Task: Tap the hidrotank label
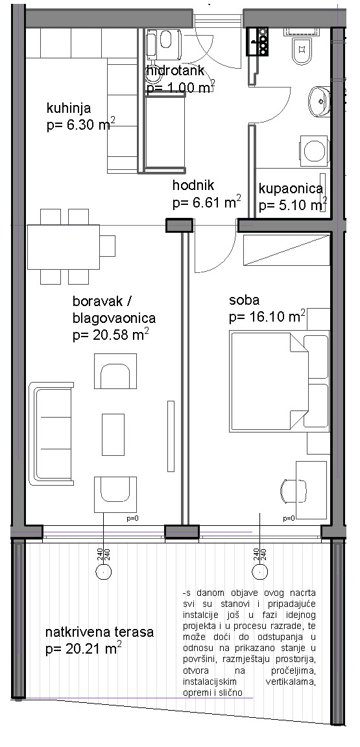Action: pyautogui.click(x=176, y=71)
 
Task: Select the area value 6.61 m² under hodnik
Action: pyautogui.click(x=206, y=203)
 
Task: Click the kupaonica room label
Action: pyautogui.click(x=291, y=189)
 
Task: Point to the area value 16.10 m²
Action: pyautogui.click(x=267, y=316)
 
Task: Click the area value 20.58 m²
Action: pyautogui.click(x=111, y=335)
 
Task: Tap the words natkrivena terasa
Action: pyautogui.click(x=100, y=633)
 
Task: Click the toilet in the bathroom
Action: pyautogui.click(x=302, y=50)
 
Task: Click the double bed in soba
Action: pyautogui.click(x=279, y=382)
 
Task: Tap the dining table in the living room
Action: pyautogui.click(x=64, y=247)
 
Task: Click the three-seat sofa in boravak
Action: pyautogui.click(x=51, y=434)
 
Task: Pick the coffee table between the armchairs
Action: pyautogui.click(x=113, y=434)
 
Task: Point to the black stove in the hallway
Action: pyautogui.click(x=258, y=41)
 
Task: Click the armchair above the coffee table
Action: pyautogui.click(x=115, y=371)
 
